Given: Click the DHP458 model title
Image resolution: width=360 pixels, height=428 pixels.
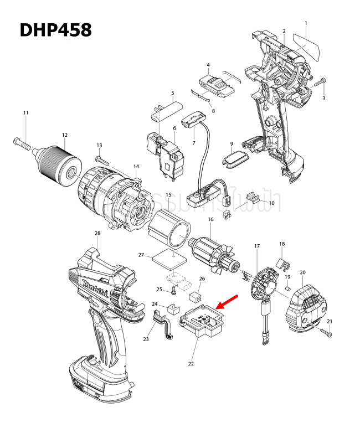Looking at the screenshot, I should [55, 30].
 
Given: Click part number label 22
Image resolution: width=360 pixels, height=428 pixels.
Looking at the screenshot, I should [191, 364].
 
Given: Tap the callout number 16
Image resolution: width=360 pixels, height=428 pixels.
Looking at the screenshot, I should [210, 220].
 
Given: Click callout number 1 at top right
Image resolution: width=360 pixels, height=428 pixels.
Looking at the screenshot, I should [306, 23].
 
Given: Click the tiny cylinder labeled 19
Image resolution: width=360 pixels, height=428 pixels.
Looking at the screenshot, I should [288, 288].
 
